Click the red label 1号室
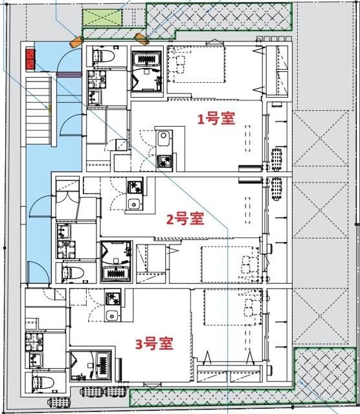click(x=216, y=119)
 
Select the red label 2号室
click(x=185, y=220)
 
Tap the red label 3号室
click(x=154, y=343)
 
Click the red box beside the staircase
click(x=30, y=60)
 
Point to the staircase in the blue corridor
click(x=39, y=107)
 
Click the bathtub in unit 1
click(x=150, y=60)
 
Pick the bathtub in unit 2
click(x=117, y=272)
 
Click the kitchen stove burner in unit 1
click(x=164, y=160)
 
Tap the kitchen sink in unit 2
click(x=134, y=204)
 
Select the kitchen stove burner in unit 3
click(x=113, y=299)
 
